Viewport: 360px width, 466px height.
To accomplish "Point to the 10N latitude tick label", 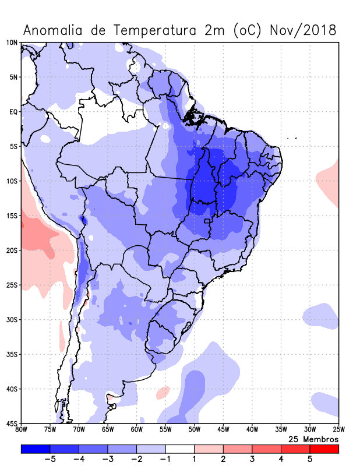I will [x=12, y=43].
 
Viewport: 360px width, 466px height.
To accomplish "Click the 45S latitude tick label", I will [x=12, y=423].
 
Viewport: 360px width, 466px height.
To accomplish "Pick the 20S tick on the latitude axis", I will [x=12, y=250].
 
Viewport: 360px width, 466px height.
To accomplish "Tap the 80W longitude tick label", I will [x=21, y=430].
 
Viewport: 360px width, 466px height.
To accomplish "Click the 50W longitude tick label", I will [x=194, y=430].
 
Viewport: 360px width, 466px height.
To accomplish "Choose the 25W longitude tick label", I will [x=338, y=430].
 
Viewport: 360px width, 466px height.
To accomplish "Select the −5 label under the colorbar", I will [x=50, y=459].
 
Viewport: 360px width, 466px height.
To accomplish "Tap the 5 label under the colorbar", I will [x=310, y=459].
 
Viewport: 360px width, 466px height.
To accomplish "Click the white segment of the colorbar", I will [x=179, y=449].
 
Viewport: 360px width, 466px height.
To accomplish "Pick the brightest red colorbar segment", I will [x=324, y=449].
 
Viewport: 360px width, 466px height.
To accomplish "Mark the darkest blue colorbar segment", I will [x=35, y=449].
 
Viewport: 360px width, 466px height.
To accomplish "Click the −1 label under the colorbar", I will [x=165, y=459].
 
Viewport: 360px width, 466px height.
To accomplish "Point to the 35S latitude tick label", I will [x=12, y=354].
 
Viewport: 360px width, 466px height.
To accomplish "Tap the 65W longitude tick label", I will [x=107, y=430].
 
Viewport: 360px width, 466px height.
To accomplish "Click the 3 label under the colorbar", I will [x=252, y=459].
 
